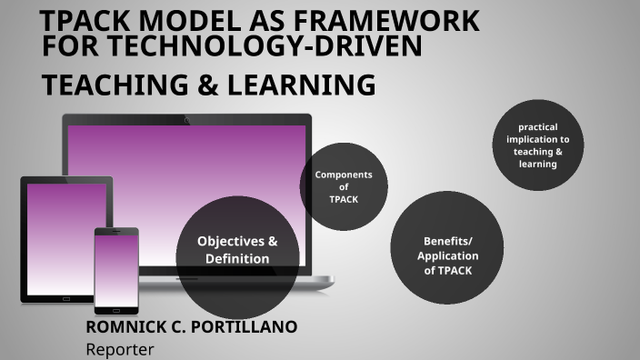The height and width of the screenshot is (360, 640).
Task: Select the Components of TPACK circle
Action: (x=344, y=186)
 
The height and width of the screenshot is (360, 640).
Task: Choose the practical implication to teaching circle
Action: (x=538, y=145)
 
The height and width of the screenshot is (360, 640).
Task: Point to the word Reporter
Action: (x=120, y=348)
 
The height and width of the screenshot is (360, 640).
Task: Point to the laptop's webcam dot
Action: (x=186, y=120)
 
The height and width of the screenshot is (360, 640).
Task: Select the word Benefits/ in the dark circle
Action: (x=447, y=241)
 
